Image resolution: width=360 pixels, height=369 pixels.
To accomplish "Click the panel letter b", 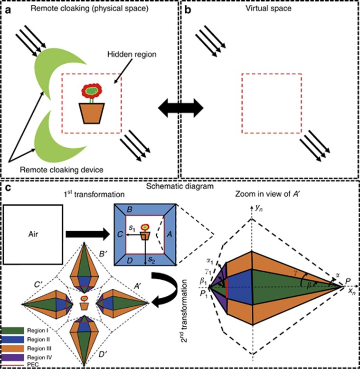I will (187, 7).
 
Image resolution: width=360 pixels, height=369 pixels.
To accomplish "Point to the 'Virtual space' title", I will (269, 8).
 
